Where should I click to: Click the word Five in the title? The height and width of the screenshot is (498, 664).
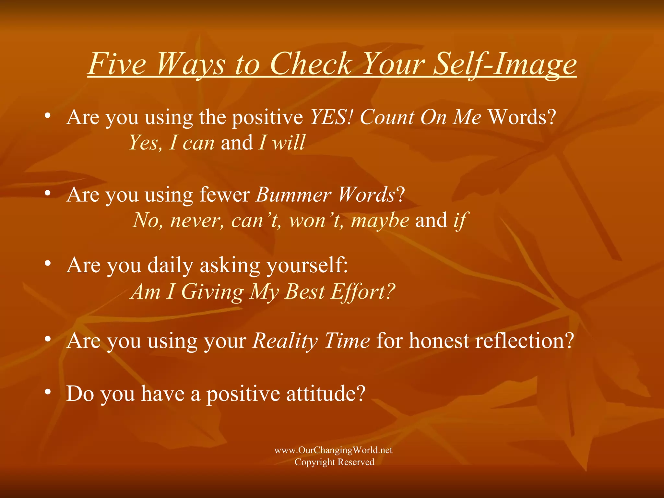[117, 64]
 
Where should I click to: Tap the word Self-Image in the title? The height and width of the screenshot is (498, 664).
[505, 64]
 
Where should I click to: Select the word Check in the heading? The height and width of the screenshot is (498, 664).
[311, 64]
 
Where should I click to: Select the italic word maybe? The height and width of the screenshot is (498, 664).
[380, 220]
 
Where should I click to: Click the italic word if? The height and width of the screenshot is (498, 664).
[460, 221]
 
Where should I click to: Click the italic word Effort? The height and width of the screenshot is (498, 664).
[363, 291]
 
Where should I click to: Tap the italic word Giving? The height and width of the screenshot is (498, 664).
[212, 291]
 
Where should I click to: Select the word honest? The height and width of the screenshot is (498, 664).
[439, 341]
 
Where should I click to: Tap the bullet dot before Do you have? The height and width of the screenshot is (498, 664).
[48, 392]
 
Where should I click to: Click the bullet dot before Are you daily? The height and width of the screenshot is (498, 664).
[48, 263]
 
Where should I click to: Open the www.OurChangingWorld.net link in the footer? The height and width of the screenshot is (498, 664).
[333, 450]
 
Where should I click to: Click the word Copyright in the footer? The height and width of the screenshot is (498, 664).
[314, 462]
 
